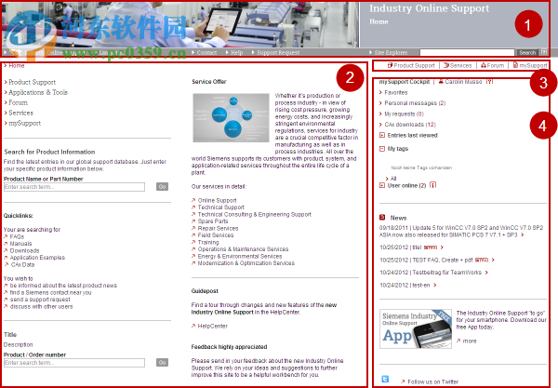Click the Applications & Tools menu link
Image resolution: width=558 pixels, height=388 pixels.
[39, 93]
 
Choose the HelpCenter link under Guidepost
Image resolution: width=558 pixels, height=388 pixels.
[213, 327]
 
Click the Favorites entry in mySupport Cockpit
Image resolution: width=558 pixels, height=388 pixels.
[396, 93]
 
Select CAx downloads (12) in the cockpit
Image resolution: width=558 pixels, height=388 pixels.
[410, 124]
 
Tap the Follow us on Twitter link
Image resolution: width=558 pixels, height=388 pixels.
[431, 381]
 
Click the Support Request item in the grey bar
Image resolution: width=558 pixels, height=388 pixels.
[278, 53]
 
